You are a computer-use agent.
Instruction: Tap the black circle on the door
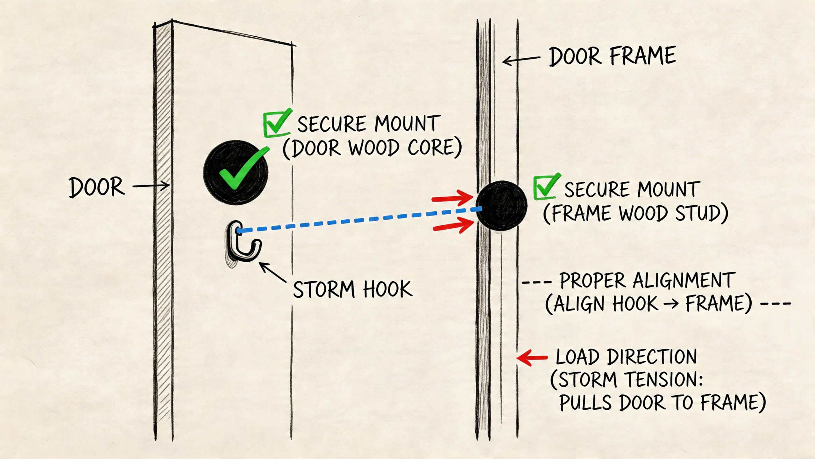coord(236,172)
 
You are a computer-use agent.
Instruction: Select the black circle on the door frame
coord(501,206)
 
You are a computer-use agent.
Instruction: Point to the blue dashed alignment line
coord(359,220)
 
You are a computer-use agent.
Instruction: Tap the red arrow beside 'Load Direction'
coord(532,357)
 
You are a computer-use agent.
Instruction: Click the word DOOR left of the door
coord(96,187)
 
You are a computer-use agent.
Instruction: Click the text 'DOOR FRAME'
coord(612,56)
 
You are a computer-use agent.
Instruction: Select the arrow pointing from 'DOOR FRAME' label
coord(521,60)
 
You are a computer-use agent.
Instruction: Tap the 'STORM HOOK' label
coord(352,289)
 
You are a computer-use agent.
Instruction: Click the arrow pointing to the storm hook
coord(273,272)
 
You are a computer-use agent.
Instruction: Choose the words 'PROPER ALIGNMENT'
coord(647,280)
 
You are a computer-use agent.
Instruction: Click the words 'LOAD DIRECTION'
coord(626,357)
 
